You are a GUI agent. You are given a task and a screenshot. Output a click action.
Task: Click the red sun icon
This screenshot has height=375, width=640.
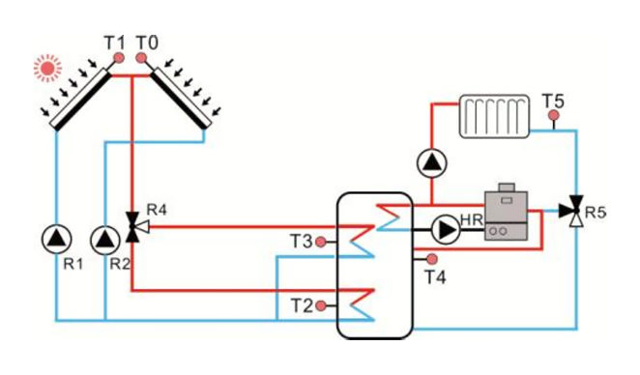[x=47, y=68]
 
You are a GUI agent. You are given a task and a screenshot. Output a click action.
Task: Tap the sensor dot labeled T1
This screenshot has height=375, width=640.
[x=118, y=59]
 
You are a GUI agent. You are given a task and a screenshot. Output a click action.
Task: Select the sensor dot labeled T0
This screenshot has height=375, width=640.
[x=141, y=59]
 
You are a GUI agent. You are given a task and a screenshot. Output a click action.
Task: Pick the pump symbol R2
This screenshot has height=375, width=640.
[x=102, y=238]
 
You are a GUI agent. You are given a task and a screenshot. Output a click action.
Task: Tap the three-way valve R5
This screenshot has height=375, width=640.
[x=577, y=209]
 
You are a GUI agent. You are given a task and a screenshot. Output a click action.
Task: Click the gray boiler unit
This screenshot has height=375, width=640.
[x=507, y=214]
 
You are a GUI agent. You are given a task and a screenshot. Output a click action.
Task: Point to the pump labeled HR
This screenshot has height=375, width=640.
[x=446, y=230]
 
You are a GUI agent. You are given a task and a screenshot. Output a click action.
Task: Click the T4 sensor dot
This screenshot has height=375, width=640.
[x=431, y=259]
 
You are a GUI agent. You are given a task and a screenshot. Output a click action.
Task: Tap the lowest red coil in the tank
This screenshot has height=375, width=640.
[x=361, y=303]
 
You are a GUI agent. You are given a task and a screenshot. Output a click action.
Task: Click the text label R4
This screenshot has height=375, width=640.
[x=157, y=207]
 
